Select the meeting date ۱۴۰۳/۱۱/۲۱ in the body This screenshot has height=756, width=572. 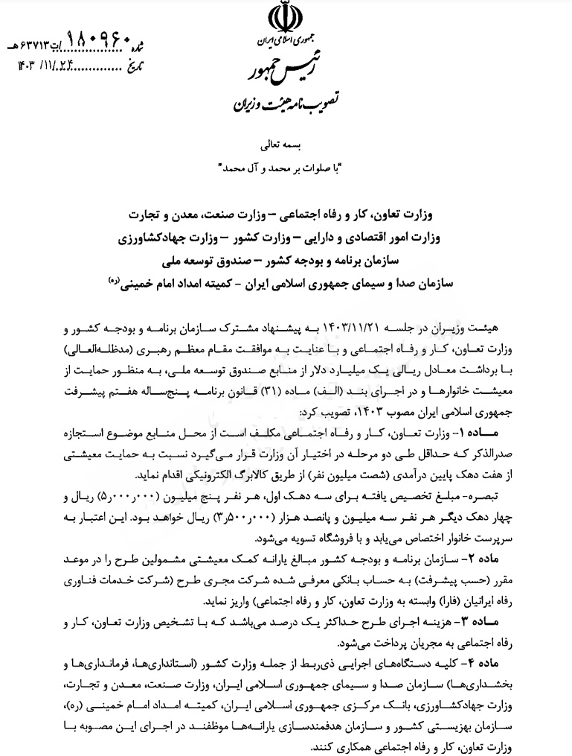click(388, 329)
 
